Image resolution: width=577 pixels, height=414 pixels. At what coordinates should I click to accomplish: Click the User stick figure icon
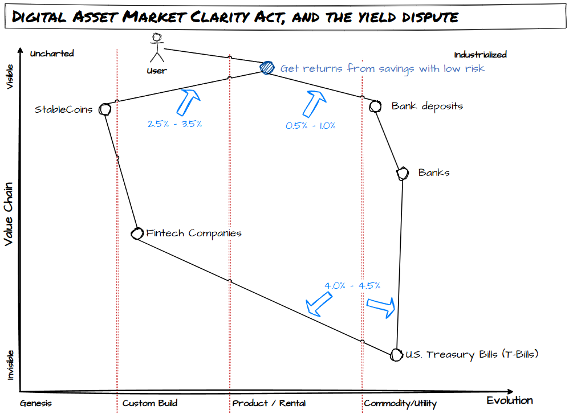point(156,48)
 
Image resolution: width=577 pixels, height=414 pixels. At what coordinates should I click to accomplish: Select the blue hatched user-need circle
point(267,68)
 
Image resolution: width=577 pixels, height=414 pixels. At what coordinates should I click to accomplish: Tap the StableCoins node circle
point(104,109)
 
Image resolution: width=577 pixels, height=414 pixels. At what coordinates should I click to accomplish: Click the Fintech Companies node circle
point(137,233)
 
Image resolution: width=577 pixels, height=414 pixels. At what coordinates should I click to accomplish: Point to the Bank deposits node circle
point(375,106)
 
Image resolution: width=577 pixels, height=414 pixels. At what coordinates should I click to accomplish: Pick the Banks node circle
point(403,173)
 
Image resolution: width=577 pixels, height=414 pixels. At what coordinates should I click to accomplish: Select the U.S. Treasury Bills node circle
point(396,354)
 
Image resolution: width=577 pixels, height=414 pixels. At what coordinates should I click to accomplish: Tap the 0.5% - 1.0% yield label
point(311,125)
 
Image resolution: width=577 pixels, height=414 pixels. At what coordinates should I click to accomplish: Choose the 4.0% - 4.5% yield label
point(352,285)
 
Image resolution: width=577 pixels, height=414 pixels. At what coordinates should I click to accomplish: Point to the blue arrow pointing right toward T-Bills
point(380,306)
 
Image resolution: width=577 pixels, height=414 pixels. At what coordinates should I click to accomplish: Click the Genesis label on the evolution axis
point(35,403)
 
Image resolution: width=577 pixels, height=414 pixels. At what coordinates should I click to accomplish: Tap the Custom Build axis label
point(150,403)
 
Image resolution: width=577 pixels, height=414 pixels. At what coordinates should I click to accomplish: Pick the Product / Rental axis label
point(269,403)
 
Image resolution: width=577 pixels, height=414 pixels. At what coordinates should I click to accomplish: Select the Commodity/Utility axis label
point(400,404)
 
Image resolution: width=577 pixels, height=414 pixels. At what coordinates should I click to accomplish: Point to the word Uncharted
point(52,54)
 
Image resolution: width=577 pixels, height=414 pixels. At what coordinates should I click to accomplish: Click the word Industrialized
point(480,55)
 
